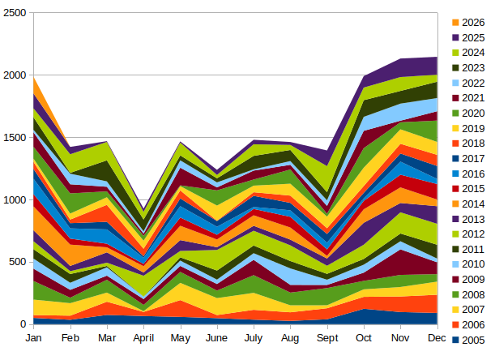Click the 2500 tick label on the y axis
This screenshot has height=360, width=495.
pos(14,13)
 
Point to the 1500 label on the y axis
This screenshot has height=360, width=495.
pos(14,137)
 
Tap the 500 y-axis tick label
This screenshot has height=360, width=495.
pos(17,262)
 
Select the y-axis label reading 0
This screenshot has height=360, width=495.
pos(23,324)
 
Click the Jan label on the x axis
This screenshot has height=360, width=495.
pos(34,337)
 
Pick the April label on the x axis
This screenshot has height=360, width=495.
pos(143,337)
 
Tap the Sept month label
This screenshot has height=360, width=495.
pos(326,337)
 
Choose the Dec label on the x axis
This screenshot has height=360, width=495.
pos(437,337)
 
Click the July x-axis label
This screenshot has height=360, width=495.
pos(254,337)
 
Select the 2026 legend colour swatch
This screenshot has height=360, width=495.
pos(455,23)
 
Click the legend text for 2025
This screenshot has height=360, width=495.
pos(473,37)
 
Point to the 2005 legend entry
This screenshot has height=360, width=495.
pos(473,340)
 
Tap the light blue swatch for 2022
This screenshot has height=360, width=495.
pos(455,83)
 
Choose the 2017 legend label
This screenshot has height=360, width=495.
pos(473,159)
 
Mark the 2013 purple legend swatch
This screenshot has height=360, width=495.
pos(455,219)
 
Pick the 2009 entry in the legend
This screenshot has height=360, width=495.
pos(473,280)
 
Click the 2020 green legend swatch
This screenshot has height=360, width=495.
pos(455,114)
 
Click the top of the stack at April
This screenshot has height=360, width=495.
pos(143,199)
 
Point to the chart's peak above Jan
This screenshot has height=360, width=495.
pos(34,75)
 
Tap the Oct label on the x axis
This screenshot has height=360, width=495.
pos(364,337)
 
